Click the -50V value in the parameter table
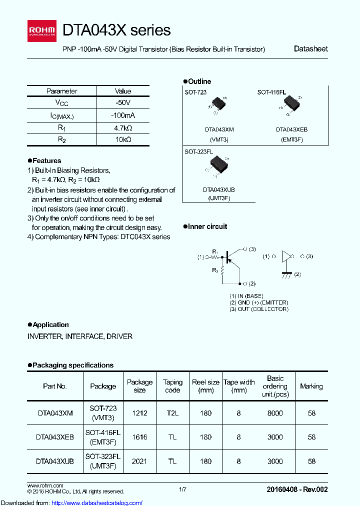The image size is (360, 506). (123, 102)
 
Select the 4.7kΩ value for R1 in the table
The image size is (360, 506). (123, 127)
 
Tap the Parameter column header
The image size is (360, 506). (61, 91)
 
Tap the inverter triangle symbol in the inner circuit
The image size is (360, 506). (286, 256)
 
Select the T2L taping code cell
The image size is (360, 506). (172, 413)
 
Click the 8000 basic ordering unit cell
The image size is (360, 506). (275, 413)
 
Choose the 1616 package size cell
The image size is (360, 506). (139, 437)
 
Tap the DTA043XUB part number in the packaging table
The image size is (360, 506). (55, 461)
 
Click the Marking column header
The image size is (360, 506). (311, 386)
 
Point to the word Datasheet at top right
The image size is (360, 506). (310, 49)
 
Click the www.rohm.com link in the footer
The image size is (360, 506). (45, 485)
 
